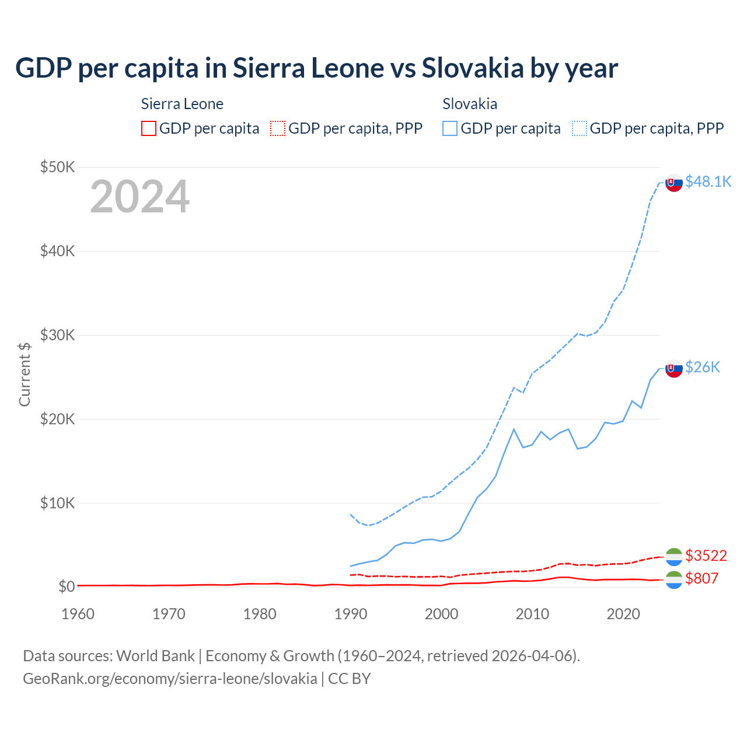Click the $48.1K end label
click(708, 181)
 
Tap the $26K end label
click(703, 367)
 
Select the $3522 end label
click(706, 555)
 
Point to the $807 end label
click(701, 578)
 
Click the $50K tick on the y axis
click(57, 167)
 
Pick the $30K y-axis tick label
click(57, 335)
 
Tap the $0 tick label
click(67, 587)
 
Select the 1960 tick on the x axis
click(78, 614)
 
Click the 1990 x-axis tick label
click(351, 614)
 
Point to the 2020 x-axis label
click(623, 614)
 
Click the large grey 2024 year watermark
click(139, 197)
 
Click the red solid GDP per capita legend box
click(149, 128)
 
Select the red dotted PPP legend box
click(278, 128)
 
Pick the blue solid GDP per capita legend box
click(450, 128)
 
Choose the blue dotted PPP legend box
click(580, 128)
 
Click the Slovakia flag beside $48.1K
click(674, 183)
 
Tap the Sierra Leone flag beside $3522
click(674, 557)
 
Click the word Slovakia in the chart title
click(473, 68)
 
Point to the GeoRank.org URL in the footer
click(170, 679)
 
